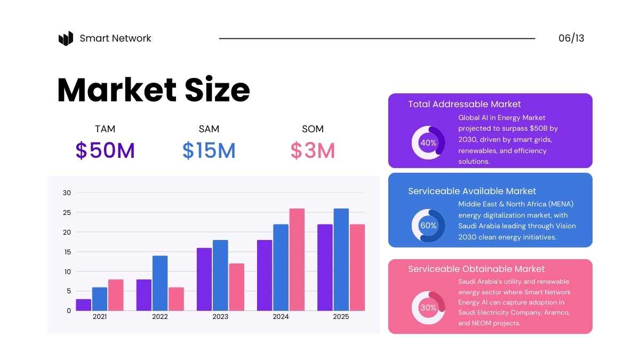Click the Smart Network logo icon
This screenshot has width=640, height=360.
(66, 38)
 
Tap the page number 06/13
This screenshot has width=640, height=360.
(571, 38)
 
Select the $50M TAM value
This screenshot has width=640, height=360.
(105, 151)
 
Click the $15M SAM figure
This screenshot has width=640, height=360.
(209, 151)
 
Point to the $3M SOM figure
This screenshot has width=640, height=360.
(313, 151)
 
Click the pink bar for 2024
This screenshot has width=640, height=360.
(297, 259)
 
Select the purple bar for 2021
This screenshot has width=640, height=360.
(84, 305)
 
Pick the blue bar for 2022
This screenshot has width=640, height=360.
(160, 283)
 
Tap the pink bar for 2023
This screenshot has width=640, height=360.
(237, 287)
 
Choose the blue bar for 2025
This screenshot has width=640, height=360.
(341, 259)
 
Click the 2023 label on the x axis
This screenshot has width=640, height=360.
(220, 317)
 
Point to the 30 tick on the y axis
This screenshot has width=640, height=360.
(67, 193)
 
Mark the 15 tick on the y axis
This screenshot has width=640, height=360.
(67, 252)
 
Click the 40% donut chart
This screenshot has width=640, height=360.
(428, 143)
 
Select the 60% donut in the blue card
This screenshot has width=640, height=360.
(428, 226)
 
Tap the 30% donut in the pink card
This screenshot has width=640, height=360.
(428, 308)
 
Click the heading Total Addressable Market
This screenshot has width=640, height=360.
(465, 105)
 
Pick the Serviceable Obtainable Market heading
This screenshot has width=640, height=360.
(476, 269)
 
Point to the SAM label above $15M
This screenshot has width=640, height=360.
(209, 129)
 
